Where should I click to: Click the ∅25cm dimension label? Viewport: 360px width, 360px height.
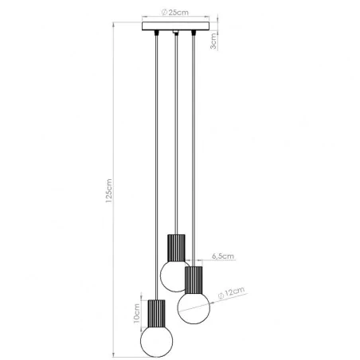point(174,12)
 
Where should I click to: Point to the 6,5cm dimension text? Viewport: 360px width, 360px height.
point(223,256)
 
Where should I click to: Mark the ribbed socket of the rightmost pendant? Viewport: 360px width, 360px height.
point(192,280)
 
